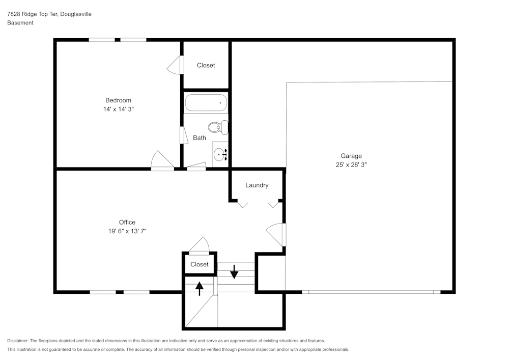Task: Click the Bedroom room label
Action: (118, 100)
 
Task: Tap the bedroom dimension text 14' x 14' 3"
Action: (118, 109)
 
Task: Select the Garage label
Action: (351, 156)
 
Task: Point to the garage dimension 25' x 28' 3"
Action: (351, 164)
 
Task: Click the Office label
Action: (127, 222)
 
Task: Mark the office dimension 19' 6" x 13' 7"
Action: (127, 231)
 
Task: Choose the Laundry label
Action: (257, 185)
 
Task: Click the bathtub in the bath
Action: (206, 103)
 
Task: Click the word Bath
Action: (200, 137)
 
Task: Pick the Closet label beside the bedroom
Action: (206, 65)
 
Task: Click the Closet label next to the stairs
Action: (200, 264)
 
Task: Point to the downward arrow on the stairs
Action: (234, 271)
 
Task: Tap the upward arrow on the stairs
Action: (200, 289)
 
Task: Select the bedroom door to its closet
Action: (175, 65)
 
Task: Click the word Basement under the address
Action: (20, 22)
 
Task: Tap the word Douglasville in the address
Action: (76, 14)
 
